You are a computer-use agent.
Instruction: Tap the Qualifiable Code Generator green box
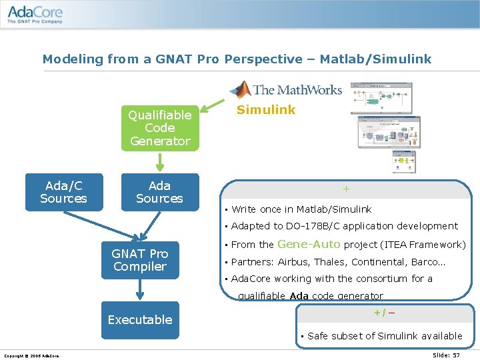click(160, 128)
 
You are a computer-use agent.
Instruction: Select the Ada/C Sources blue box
click(64, 192)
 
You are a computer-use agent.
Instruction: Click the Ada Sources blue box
click(160, 192)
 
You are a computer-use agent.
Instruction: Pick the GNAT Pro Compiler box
click(140, 260)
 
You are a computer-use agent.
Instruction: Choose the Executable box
click(140, 319)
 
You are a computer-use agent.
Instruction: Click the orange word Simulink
click(266, 110)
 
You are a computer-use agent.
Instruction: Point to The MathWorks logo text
click(297, 90)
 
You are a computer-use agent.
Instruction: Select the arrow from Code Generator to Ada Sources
click(160, 162)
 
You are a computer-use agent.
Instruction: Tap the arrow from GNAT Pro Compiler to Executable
click(140, 289)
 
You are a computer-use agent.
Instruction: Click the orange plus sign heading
click(346, 189)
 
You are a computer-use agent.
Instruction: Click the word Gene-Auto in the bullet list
click(309, 245)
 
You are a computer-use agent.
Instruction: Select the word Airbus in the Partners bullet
click(293, 262)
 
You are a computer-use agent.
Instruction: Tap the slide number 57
click(456, 355)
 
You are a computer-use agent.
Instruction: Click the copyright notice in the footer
click(31, 356)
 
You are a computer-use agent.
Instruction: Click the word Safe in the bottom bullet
click(319, 336)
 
